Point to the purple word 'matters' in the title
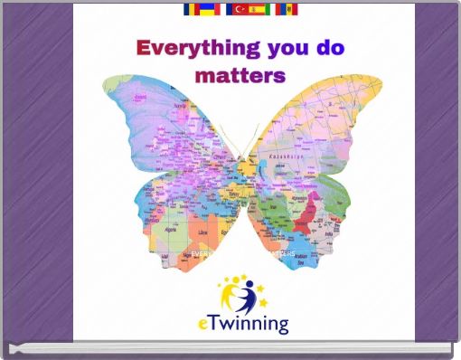coord(239,74)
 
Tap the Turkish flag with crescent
coord(237,9)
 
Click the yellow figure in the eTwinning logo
coord(231,290)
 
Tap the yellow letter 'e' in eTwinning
coord(203,324)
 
